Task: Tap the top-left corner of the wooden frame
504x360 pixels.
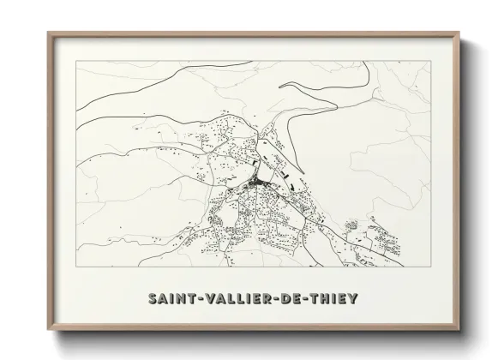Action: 47,32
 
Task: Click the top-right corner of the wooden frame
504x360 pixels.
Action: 460,32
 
